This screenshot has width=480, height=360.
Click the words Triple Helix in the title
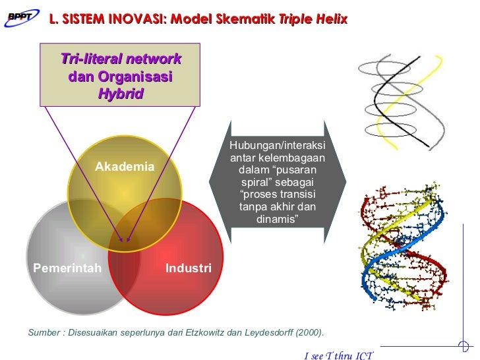click(313, 20)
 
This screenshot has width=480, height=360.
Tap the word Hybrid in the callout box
click(120, 94)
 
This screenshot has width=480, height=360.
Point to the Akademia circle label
click(125, 167)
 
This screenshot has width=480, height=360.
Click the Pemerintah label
click(67, 268)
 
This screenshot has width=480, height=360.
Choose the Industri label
click(188, 268)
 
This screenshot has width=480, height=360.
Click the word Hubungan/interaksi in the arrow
click(277, 146)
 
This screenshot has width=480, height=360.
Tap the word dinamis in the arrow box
click(277, 218)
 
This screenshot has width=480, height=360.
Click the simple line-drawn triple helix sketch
click(401, 102)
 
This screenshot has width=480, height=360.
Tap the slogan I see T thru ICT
click(339, 355)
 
